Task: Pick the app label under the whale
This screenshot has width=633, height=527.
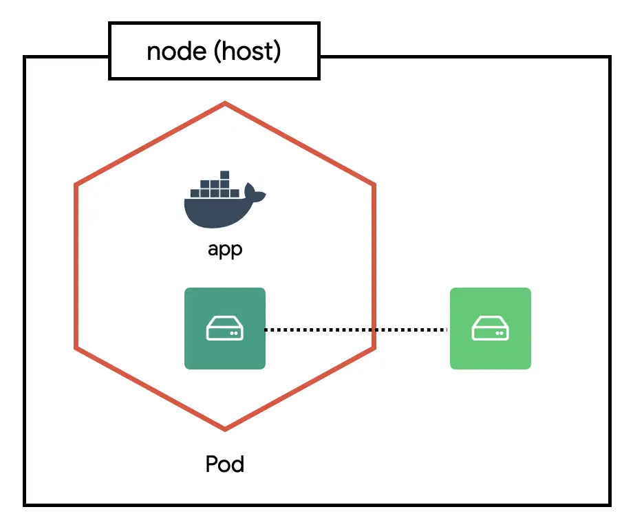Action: click(225, 249)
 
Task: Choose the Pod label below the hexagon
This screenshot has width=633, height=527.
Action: click(225, 464)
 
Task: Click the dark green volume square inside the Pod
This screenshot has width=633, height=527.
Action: click(225, 329)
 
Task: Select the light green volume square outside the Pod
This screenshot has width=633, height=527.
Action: click(491, 329)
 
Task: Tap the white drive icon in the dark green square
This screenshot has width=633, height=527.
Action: click(225, 330)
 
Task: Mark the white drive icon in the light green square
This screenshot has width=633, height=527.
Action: click(491, 330)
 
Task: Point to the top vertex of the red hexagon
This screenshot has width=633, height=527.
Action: click(225, 104)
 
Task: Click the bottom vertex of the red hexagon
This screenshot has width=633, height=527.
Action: click(225, 429)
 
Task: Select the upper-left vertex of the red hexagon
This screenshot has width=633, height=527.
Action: click(76, 184)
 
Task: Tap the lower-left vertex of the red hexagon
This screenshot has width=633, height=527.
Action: click(76, 347)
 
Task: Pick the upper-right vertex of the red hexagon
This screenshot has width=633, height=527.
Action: click(374, 184)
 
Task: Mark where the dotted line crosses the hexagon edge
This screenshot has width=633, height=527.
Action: click(374, 330)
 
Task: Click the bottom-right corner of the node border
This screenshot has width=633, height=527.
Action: click(609, 504)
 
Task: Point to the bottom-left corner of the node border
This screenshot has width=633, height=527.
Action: click(25, 504)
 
